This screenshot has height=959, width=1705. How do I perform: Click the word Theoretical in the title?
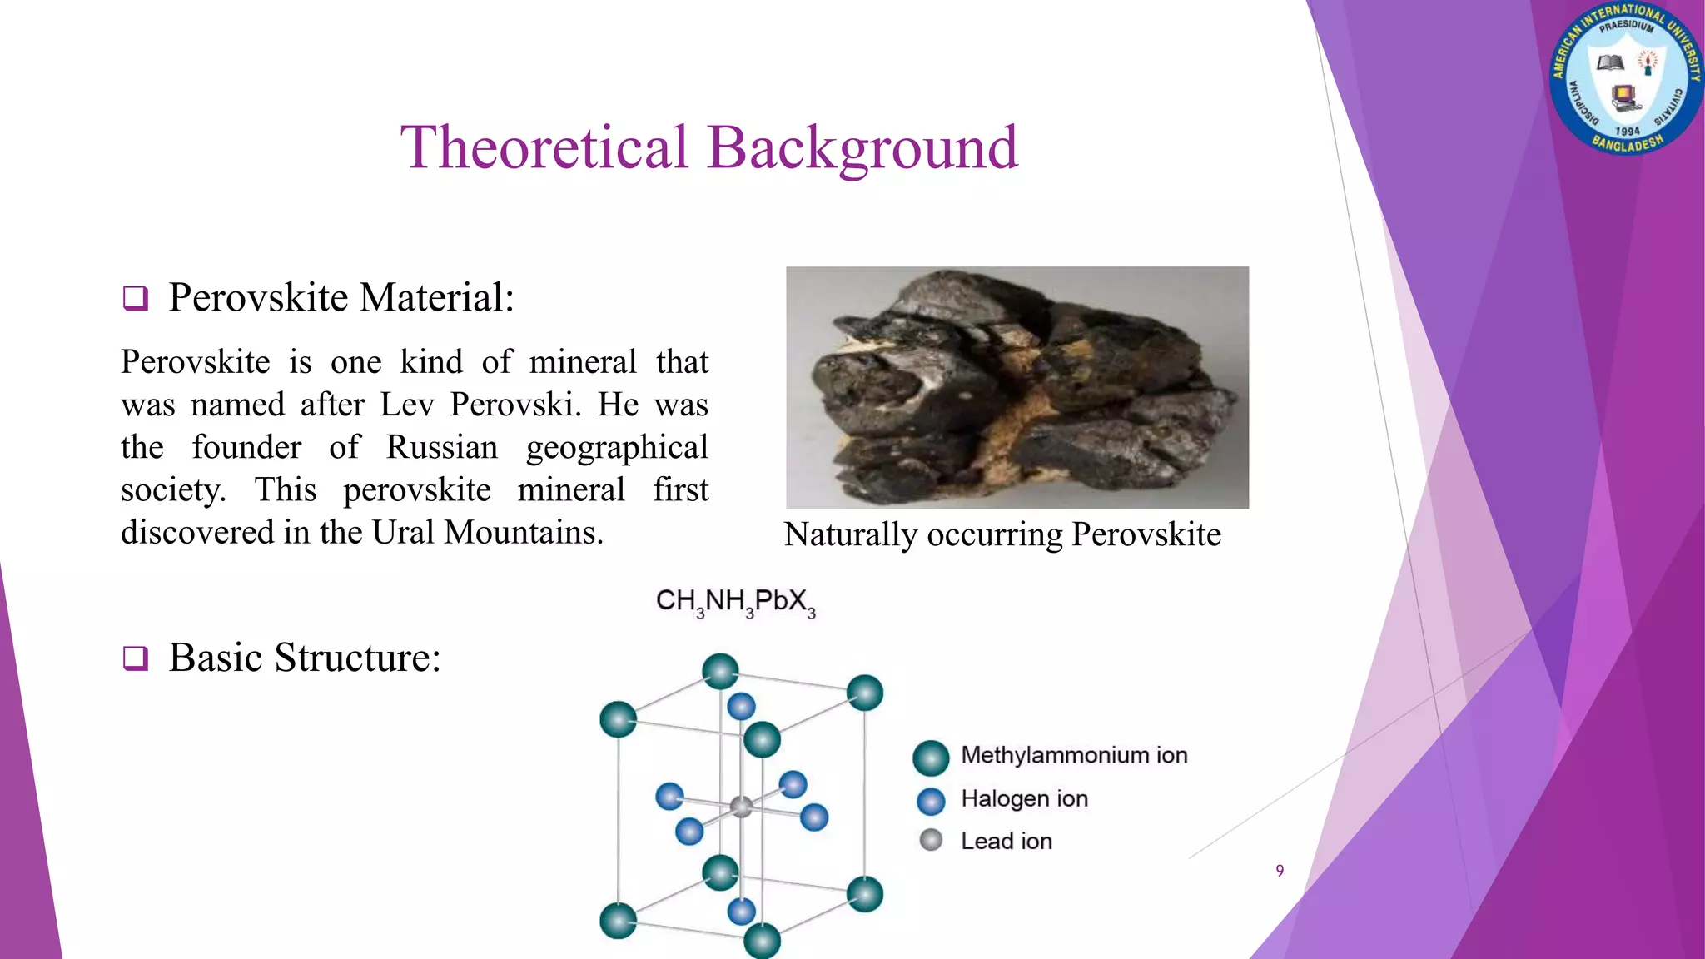coord(545,148)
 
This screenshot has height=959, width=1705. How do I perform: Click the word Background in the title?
coord(862,148)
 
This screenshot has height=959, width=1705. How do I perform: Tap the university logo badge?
coord(1625,79)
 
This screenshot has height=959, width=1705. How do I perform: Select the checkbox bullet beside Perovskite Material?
coord(136,298)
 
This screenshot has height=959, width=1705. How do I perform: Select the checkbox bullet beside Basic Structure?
coord(136,658)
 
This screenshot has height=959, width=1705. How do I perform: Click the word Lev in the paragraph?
coord(406,405)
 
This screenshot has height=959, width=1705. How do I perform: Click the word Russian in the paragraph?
coord(441,448)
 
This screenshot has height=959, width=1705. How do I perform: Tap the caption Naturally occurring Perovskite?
coord(1002,534)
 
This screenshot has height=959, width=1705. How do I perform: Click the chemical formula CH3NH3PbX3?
coord(735,602)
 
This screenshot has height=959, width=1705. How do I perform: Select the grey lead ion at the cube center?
coord(741,806)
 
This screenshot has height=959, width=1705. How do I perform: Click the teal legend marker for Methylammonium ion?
coord(931,758)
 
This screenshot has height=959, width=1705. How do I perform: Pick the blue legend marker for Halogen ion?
coord(931,801)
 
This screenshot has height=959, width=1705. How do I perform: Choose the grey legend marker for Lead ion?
coord(931,840)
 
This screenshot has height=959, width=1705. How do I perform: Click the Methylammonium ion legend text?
coord(1074,755)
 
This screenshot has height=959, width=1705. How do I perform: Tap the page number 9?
coord(1280,871)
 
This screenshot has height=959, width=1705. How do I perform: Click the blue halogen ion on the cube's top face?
coord(741,706)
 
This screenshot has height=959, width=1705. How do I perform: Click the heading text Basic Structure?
coord(305,658)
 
